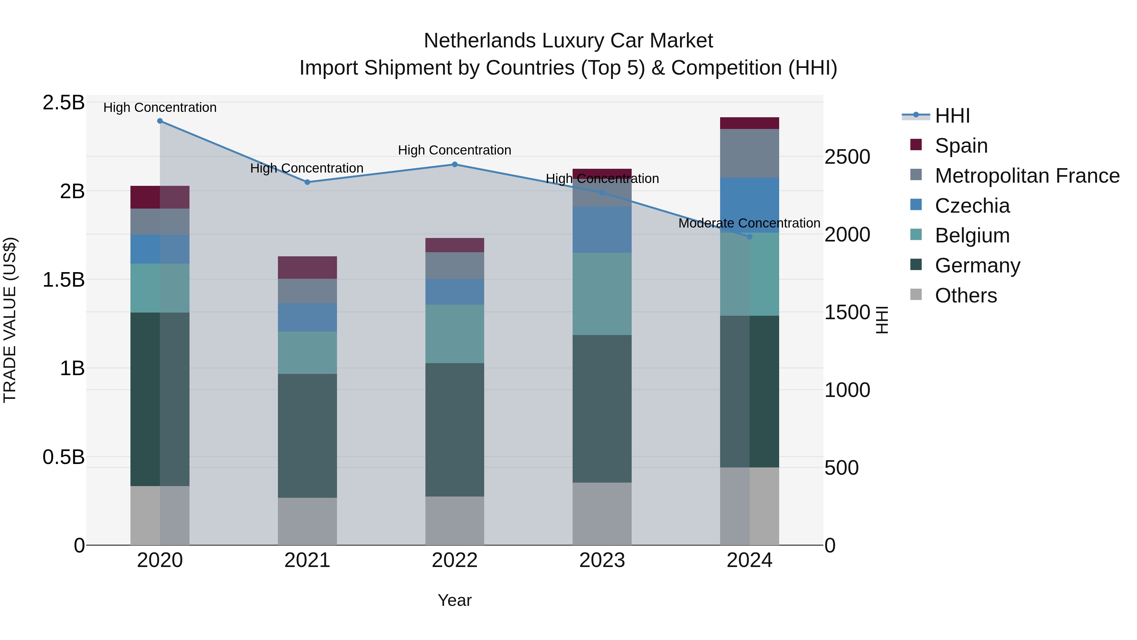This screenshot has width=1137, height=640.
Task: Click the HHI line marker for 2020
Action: click(160, 121)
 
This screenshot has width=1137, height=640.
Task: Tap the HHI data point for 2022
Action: click(454, 165)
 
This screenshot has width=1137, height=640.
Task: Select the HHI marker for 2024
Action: click(749, 237)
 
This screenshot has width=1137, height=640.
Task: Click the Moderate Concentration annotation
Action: click(749, 223)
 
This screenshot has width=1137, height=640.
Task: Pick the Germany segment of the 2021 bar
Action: click(307, 436)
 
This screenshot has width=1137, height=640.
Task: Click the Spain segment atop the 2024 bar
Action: click(749, 123)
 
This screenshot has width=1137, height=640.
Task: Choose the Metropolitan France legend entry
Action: click(1027, 176)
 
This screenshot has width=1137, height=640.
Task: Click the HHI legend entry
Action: click(952, 116)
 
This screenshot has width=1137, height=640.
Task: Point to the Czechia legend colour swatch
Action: click(916, 204)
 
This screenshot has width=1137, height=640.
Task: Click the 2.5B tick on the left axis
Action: click(63, 103)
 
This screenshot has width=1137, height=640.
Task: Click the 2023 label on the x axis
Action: click(602, 560)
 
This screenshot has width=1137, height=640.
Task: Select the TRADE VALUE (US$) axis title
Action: click(10, 320)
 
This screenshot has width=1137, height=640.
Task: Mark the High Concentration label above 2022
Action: click(454, 150)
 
